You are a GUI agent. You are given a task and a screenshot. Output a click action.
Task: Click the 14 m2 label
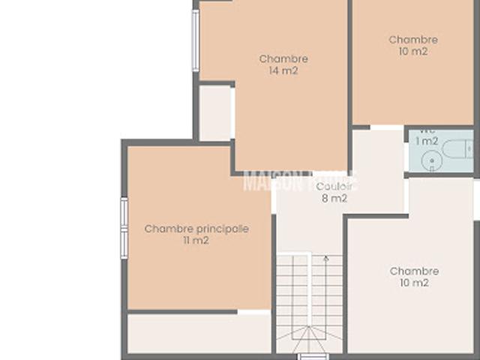283,71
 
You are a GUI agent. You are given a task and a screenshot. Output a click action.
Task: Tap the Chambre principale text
196,229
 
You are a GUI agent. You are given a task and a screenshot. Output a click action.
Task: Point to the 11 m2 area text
196,241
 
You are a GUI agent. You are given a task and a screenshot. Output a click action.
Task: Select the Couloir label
334,187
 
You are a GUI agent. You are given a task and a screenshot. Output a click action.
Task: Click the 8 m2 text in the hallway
334,199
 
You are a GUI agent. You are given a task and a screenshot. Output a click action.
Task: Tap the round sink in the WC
430,160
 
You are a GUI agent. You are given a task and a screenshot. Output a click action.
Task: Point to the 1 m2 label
427,141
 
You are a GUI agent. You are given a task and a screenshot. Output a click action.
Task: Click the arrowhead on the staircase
325,259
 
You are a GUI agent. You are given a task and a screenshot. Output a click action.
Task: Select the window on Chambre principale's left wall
124,228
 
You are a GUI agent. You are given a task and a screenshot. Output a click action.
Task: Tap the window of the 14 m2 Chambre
196,40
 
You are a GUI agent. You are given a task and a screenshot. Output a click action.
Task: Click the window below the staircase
313,355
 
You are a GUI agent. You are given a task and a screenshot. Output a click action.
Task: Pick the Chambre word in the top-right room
413,40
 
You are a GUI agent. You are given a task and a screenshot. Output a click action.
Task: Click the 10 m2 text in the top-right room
413,52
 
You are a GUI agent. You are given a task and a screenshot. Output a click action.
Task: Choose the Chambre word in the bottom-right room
414,271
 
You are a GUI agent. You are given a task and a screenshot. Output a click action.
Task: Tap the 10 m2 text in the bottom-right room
414,283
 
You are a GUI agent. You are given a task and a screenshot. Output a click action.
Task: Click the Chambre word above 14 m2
283,58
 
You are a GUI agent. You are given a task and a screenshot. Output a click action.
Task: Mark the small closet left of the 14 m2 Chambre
215,112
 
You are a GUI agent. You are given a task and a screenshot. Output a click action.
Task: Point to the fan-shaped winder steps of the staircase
310,338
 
